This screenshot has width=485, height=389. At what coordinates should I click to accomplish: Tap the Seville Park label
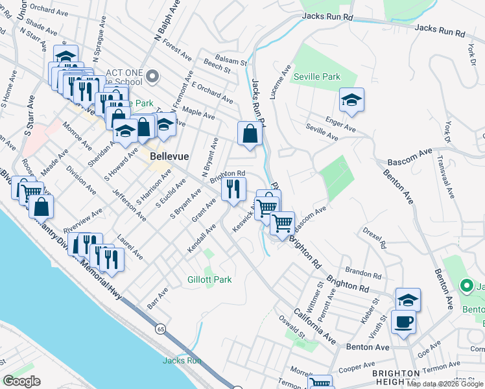click(x=316, y=77)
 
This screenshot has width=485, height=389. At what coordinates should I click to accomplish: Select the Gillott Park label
click(x=210, y=279)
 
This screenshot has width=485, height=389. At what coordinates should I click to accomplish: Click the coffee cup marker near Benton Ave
click(x=403, y=321)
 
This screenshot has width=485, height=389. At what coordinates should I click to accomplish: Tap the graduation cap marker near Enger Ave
click(x=351, y=99)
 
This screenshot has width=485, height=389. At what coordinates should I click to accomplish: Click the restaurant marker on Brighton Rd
click(x=233, y=189)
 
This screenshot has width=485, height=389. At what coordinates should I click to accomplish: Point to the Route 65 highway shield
click(x=160, y=329)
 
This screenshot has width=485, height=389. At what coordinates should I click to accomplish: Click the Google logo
click(x=22, y=381)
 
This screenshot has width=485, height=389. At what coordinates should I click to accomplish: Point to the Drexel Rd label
click(x=375, y=238)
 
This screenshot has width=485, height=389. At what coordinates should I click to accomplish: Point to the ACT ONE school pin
click(x=152, y=77)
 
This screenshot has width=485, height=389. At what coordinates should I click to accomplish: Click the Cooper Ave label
click(x=357, y=368)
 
